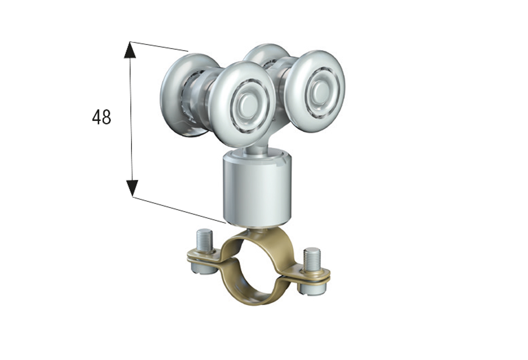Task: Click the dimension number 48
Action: (x=101, y=117)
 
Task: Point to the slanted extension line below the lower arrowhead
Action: (x=180, y=210)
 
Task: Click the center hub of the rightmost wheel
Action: (x=319, y=90)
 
